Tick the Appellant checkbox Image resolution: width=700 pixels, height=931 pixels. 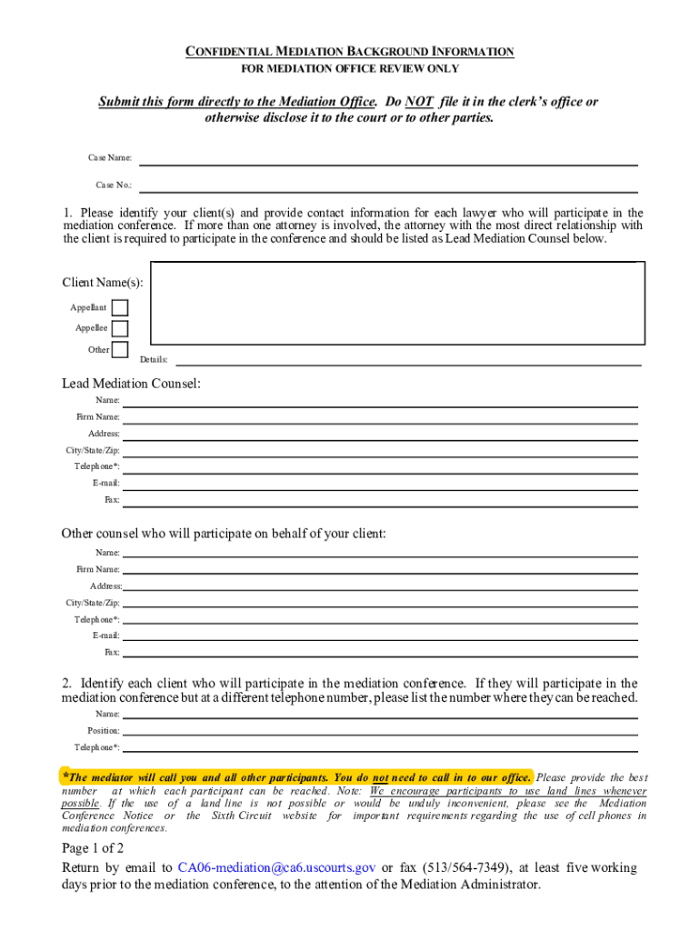(119, 308)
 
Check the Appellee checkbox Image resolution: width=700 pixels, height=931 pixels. (119, 328)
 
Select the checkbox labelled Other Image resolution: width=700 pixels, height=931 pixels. (119, 349)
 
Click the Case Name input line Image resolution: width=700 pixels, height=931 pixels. (387, 159)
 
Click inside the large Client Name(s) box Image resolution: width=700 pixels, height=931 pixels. (397, 305)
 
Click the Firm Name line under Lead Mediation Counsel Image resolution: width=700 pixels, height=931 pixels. (380, 416)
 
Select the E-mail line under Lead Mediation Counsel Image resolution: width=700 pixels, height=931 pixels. (380, 483)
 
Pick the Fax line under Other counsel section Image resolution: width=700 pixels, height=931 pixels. (380, 652)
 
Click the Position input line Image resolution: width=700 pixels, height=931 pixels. (380, 730)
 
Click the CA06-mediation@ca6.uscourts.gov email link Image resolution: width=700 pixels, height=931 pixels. (277, 867)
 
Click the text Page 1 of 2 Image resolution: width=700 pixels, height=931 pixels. (93, 848)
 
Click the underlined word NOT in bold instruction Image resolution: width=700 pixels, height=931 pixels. (418, 102)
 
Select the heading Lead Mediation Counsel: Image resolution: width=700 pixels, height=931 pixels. (131, 384)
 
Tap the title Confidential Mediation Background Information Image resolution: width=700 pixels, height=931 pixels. (350, 52)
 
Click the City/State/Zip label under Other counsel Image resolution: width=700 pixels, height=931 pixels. (93, 603)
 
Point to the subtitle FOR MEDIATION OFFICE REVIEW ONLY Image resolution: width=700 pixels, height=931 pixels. (350, 69)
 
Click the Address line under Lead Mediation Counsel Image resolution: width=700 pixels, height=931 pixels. (380, 434)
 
